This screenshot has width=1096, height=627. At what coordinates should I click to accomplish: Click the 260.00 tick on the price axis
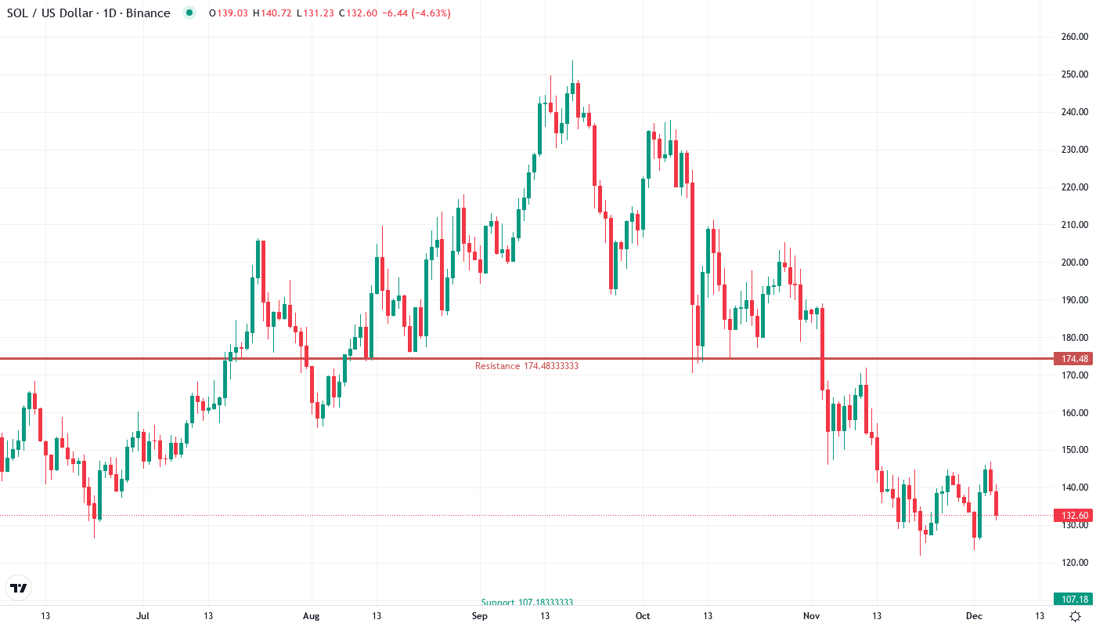pyautogui.click(x=1075, y=37)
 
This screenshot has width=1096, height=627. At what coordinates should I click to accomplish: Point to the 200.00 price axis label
pyautogui.click(x=1075, y=263)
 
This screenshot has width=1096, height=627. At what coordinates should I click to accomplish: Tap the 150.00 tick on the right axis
pyautogui.click(x=1075, y=450)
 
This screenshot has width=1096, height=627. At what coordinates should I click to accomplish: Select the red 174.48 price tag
pyautogui.click(x=1073, y=359)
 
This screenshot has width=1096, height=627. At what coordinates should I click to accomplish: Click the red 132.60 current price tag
pyautogui.click(x=1073, y=516)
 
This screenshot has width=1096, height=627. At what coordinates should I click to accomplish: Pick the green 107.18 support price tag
pyautogui.click(x=1073, y=600)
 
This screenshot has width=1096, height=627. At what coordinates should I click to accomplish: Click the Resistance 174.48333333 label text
pyautogui.click(x=527, y=366)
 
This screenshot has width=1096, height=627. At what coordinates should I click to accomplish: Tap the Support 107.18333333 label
pyautogui.click(x=527, y=603)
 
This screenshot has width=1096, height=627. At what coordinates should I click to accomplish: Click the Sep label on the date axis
pyautogui.click(x=480, y=616)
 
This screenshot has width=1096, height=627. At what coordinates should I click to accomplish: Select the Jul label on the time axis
pyautogui.click(x=143, y=616)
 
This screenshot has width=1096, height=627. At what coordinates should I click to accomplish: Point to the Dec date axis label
pyautogui.click(x=973, y=616)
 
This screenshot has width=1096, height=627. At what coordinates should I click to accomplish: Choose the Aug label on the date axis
pyautogui.click(x=312, y=616)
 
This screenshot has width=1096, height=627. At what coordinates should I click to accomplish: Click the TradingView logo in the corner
pyautogui.click(x=19, y=588)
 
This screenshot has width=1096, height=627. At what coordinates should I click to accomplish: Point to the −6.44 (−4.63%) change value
pyautogui.click(x=415, y=13)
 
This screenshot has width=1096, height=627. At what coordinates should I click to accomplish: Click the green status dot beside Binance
pyautogui.click(x=189, y=13)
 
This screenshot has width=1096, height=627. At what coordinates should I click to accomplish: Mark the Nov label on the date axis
pyautogui.click(x=812, y=616)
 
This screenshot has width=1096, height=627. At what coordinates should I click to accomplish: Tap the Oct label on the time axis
pyautogui.click(x=643, y=616)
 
